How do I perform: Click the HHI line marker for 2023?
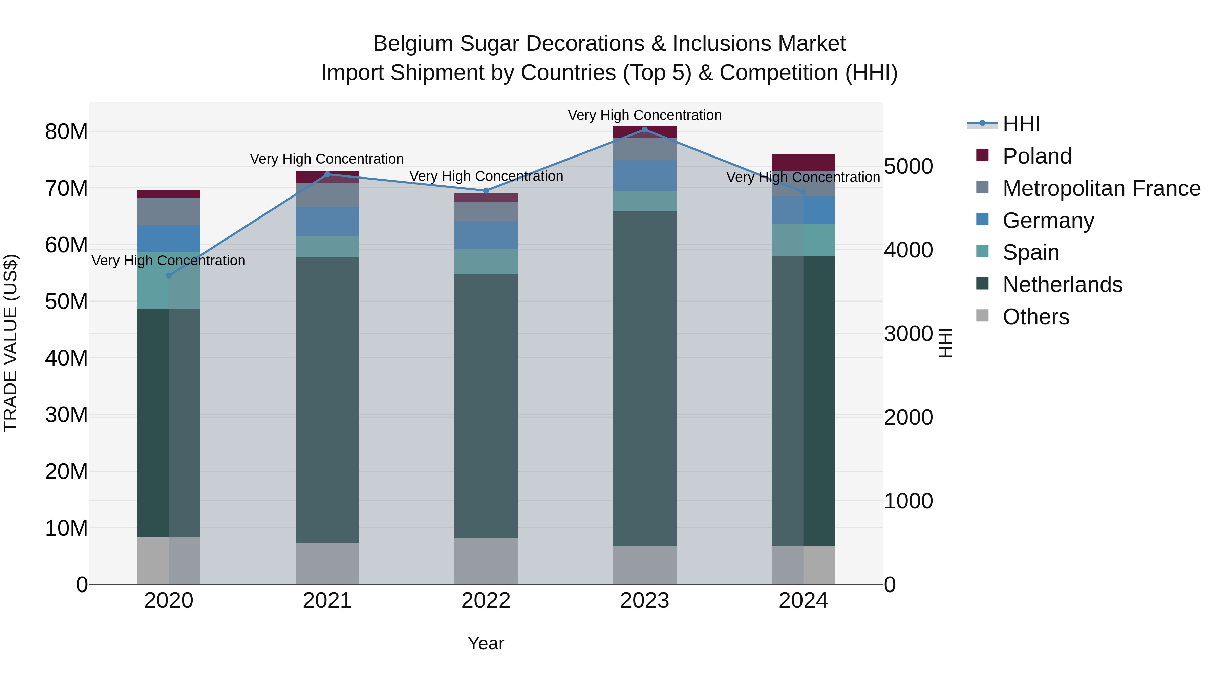click(644, 129)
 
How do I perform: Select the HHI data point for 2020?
click(169, 275)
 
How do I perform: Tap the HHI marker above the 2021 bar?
click(327, 174)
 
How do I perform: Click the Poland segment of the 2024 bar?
click(803, 162)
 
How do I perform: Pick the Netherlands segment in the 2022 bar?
click(486, 406)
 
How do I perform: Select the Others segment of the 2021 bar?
click(327, 563)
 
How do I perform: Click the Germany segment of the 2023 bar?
click(644, 175)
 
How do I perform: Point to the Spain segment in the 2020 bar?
click(169, 284)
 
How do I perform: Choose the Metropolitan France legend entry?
click(1101, 188)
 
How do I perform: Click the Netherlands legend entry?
click(1062, 285)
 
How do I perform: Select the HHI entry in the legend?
click(1021, 124)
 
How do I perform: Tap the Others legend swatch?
click(982, 316)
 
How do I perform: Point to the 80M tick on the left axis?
click(66, 132)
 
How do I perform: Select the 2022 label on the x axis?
click(486, 601)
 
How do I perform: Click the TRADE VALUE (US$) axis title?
click(10, 343)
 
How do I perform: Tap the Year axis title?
click(486, 643)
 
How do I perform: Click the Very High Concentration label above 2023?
click(644, 115)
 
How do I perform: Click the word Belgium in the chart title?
click(413, 44)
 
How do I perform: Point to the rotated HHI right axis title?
click(945, 343)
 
